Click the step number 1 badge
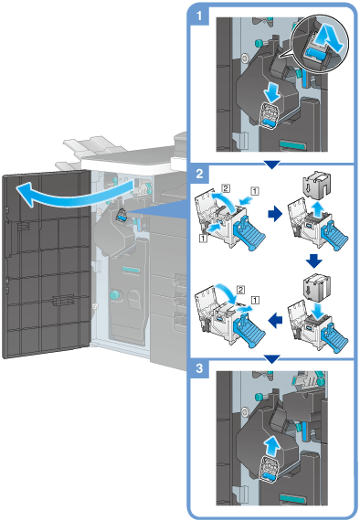pyautogui.click(x=199, y=16)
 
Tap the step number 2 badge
pyautogui.click(x=199, y=174)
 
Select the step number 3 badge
pyautogui.click(x=199, y=368)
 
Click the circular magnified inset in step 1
pyautogui.click(x=320, y=45)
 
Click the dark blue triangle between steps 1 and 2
pyautogui.click(x=271, y=165)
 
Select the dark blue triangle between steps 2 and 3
pyautogui.click(x=271, y=359)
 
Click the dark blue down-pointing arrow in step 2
pyautogui.click(x=313, y=261)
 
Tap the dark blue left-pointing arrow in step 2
pyautogui.click(x=275, y=321)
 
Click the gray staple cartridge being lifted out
pyautogui.click(x=315, y=186)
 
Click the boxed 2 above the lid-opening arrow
pyautogui.click(x=226, y=188)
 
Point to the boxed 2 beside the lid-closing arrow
pyautogui.click(x=240, y=290)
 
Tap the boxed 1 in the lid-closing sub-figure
pyautogui.click(x=255, y=301)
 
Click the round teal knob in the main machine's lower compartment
pyautogui.click(x=115, y=295)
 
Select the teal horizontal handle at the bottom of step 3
pyautogui.click(x=292, y=498)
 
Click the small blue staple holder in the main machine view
pyautogui.click(x=121, y=216)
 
